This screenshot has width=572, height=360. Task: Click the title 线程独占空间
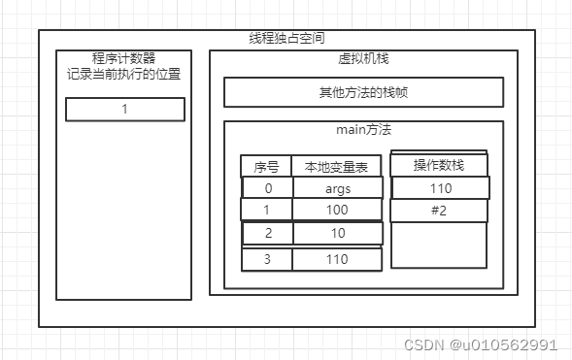286,39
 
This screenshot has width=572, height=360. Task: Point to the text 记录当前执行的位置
124,75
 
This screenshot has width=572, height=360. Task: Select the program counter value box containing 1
124,110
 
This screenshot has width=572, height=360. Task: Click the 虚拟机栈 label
356,59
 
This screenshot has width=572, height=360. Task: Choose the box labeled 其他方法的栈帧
363,92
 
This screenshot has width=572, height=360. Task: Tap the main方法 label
363,130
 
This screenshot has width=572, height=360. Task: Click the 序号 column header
266,167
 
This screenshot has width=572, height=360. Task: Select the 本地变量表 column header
337,167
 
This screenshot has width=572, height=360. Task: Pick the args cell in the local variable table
337,188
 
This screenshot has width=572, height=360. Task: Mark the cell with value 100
337,210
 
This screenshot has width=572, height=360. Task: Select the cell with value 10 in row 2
337,234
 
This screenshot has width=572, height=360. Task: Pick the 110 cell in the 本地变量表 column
337,259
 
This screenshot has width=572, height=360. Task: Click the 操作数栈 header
439,166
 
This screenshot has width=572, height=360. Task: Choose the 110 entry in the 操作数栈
440,188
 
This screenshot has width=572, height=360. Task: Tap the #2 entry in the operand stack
440,211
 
